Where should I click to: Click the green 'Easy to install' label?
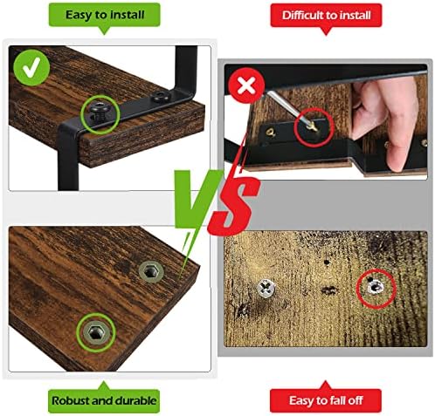pyautogui.click(x=104, y=15)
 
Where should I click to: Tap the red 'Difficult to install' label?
pyautogui.click(x=326, y=16)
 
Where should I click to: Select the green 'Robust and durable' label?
pyautogui.click(x=104, y=400)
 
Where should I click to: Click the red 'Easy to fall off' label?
pyautogui.click(x=326, y=400)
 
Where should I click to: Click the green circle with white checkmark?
pyautogui.click(x=31, y=67)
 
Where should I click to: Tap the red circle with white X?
pyautogui.click(x=246, y=85)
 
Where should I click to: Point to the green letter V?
pyautogui.click(x=196, y=199)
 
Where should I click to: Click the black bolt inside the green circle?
pyautogui.click(x=100, y=111)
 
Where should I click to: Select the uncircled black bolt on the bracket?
pyautogui.click(x=159, y=97)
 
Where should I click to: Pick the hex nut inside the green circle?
pyautogui.click(x=96, y=332)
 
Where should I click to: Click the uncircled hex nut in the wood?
pyautogui.click(x=151, y=271)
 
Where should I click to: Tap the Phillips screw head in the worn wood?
pyautogui.click(x=266, y=288)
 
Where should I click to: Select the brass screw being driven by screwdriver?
pyautogui.click(x=313, y=126)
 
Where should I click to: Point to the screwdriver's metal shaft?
pyautogui.click(x=287, y=106)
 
